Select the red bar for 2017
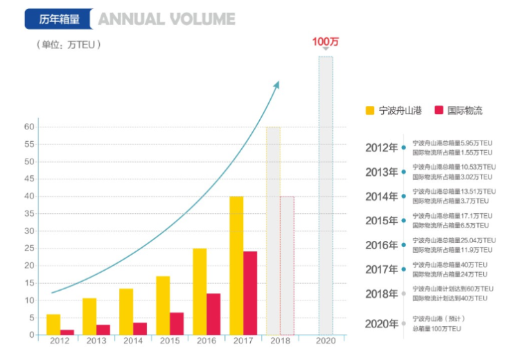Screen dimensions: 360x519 pyautogui.click(x=250, y=293)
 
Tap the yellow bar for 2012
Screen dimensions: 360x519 pyautogui.click(x=53, y=324)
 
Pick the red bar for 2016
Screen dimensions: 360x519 pyautogui.click(x=213, y=314)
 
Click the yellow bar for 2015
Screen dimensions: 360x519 pyautogui.click(x=163, y=305)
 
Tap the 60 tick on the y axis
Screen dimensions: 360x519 pyautogui.click(x=29, y=127)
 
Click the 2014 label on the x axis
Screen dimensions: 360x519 pyautogui.click(x=132, y=342)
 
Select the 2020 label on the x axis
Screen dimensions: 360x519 pyautogui.click(x=325, y=342)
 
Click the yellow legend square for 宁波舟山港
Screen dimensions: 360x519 pyautogui.click(x=370, y=110)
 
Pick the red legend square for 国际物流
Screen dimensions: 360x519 pyautogui.click(x=438, y=110)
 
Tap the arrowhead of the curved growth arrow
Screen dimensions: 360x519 pyautogui.click(x=276, y=85)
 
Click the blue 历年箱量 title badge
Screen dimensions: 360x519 pyautogui.click(x=58, y=19)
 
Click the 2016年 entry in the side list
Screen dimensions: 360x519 pyautogui.click(x=382, y=245)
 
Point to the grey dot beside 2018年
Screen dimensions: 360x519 pyautogui.click(x=403, y=294)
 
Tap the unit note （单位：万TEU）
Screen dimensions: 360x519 pyautogui.click(x=69, y=44)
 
